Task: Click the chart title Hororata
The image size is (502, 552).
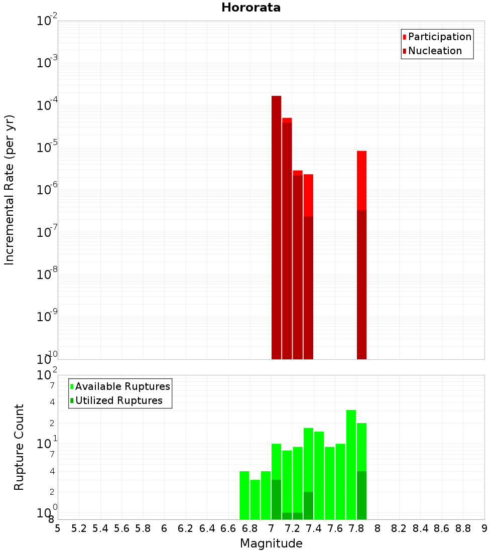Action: point(251,8)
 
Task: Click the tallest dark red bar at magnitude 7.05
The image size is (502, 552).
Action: point(276,226)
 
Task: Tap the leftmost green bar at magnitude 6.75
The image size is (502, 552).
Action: point(244,495)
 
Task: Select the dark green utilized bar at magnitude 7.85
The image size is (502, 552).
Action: point(361,495)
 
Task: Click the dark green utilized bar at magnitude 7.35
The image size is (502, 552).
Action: point(308,505)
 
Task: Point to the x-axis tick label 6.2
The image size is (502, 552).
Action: point(186,528)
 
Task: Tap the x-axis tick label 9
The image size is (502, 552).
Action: point(484,528)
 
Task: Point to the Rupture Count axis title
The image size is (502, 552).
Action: point(19,447)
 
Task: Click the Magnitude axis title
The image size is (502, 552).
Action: point(271,543)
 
